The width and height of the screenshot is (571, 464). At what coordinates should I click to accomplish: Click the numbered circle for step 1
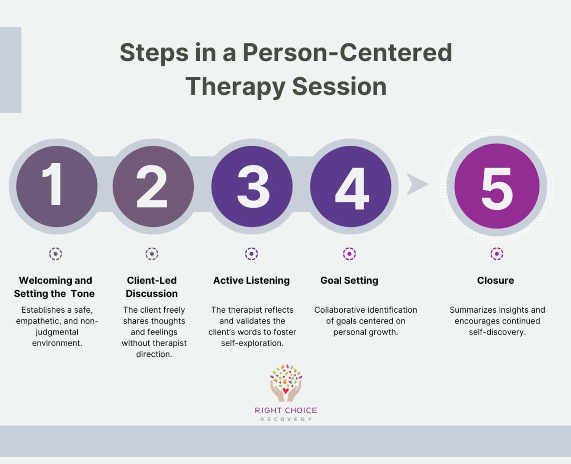pos(57,186)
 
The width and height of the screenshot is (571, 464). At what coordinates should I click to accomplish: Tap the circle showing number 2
pos(153,186)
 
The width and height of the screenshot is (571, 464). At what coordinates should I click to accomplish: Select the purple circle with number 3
pos(252,186)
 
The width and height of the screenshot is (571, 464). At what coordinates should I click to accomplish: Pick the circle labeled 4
pos(351,186)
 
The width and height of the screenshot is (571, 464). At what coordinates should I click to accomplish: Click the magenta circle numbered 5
pos(497,186)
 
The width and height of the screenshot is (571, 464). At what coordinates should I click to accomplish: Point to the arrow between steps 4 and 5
pos(416,184)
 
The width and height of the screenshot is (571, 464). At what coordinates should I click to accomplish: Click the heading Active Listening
pos(251,280)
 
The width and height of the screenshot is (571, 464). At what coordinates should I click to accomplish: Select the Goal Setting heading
pos(349,280)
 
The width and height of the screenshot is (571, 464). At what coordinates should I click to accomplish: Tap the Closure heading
pos(496,280)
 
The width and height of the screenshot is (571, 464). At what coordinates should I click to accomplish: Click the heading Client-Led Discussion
pos(152,287)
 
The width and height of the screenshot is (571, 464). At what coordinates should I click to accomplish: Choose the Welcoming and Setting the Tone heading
pos(55,287)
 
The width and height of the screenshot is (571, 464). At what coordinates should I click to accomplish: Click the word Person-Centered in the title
pos(347,52)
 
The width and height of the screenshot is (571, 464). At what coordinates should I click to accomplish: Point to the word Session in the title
pos(339,86)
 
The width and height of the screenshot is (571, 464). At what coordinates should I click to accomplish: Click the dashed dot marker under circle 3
pos(251,254)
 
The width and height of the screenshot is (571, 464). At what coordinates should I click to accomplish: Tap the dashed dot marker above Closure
pos(497,254)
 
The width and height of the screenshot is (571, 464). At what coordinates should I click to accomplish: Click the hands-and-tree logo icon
pos(285,383)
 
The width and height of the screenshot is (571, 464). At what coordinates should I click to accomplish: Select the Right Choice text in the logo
pos(285,410)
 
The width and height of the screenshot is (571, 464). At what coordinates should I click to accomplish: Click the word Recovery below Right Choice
pos(285,419)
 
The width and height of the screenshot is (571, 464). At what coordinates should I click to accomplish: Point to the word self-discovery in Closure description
pos(497,332)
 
